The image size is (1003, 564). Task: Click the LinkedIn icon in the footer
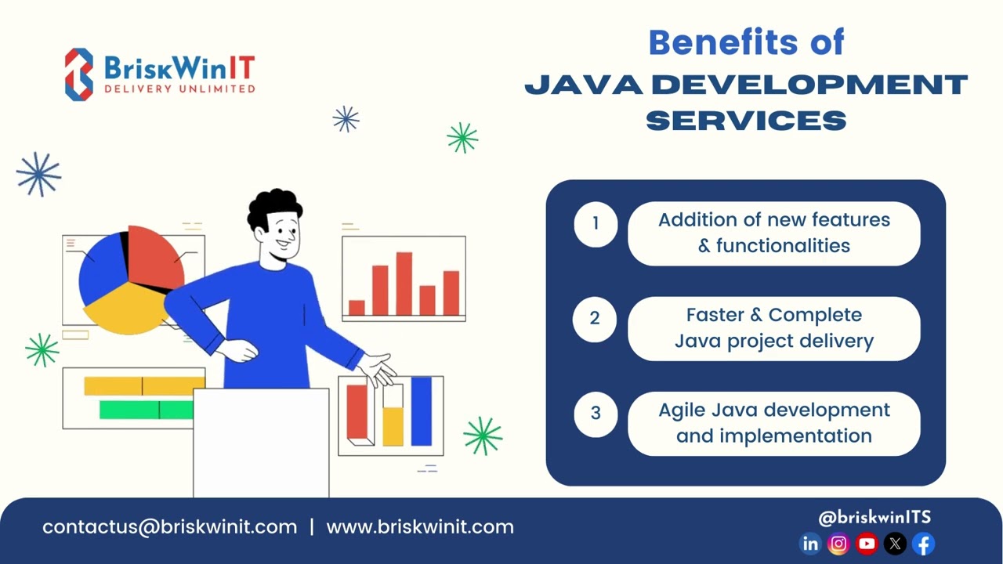click(x=810, y=544)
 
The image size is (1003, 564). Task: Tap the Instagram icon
click(x=838, y=544)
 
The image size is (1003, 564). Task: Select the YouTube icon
click(x=867, y=544)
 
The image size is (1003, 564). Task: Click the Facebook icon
click(x=924, y=544)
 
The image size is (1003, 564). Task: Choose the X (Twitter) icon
click(x=895, y=544)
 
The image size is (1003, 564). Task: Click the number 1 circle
click(x=596, y=224)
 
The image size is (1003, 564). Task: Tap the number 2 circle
click(x=596, y=319)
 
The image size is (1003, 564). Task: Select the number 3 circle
click(x=596, y=413)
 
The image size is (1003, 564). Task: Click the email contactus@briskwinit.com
click(x=170, y=527)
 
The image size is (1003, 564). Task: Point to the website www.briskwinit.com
click(x=420, y=527)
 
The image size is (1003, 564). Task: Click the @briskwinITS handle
click(x=874, y=517)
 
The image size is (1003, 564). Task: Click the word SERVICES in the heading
click(x=746, y=121)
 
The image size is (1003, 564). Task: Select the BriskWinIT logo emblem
click(x=78, y=74)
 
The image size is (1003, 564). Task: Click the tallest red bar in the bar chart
click(x=404, y=283)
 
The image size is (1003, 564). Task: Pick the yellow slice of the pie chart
click(x=121, y=305)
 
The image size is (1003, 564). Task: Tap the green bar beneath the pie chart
click(x=146, y=410)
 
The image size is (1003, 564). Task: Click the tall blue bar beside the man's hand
click(x=422, y=410)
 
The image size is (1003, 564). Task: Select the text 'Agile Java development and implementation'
click(x=774, y=423)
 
